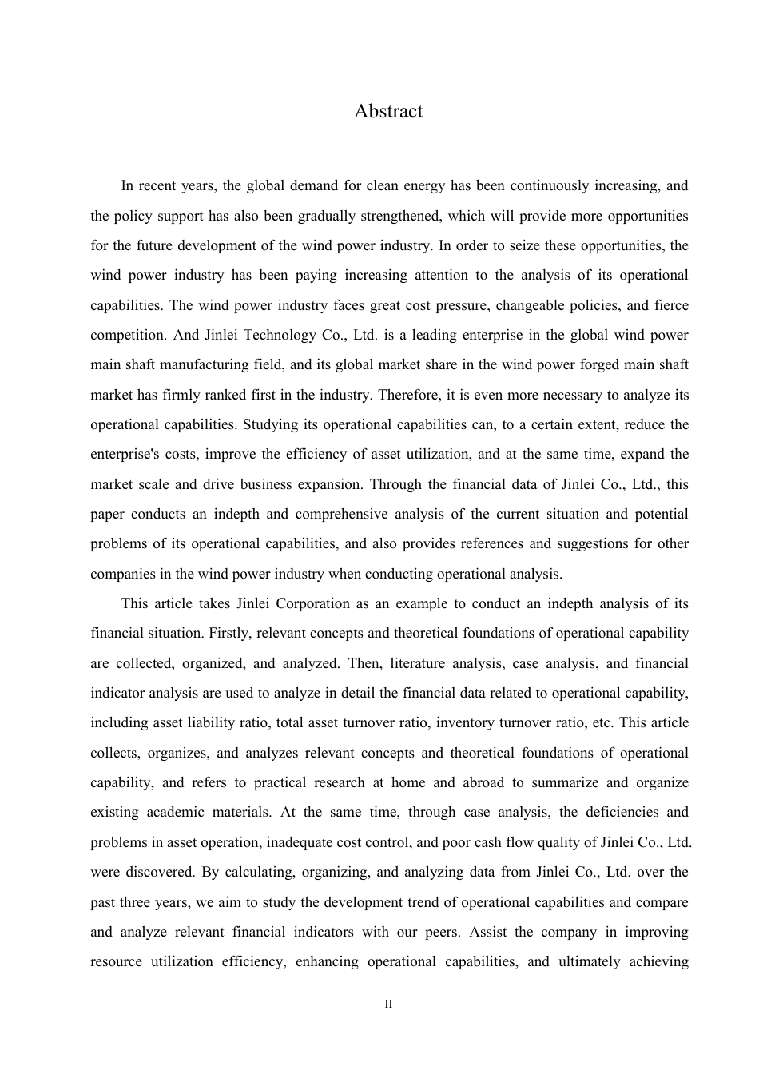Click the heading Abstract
[388, 111]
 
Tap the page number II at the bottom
[388, 1004]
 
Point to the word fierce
[671, 305]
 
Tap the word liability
[217, 722]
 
